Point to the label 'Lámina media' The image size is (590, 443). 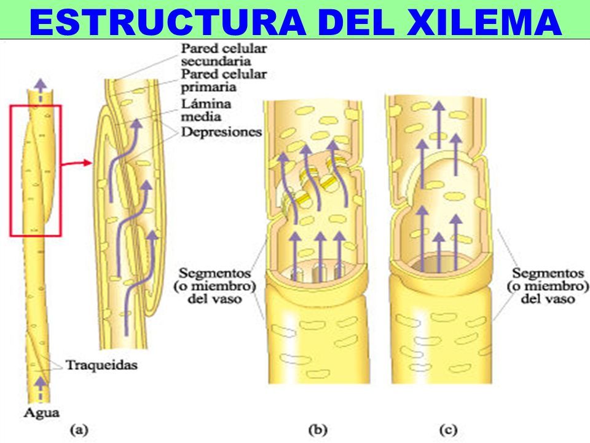(x=202, y=110)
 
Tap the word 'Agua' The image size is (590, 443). (x=41, y=413)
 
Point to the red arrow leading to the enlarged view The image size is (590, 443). (x=77, y=163)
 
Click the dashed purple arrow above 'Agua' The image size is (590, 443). (x=41, y=386)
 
